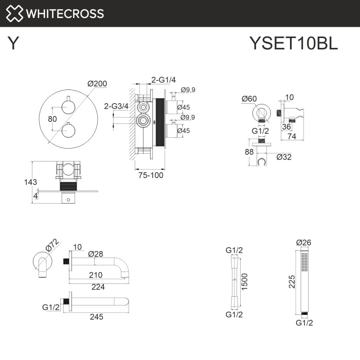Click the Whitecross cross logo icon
point(15,13)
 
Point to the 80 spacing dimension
point(52,119)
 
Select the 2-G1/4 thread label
point(164,79)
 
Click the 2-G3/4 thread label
point(117,106)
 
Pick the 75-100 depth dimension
point(151,175)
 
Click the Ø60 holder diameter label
point(248,99)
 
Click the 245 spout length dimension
point(96,317)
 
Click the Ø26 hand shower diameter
point(304,243)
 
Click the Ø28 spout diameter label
point(96,254)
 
